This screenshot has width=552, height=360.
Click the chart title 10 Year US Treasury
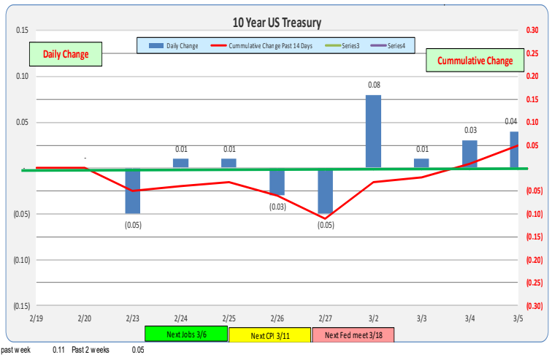pyautogui.click(x=276, y=23)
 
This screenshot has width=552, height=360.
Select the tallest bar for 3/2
pyautogui.click(x=373, y=131)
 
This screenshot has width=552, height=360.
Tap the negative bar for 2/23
pyautogui.click(x=132, y=191)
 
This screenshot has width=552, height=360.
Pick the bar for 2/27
pyautogui.click(x=325, y=191)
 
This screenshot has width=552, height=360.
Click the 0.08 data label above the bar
pyautogui.click(x=373, y=85)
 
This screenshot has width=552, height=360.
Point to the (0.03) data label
pyautogui.click(x=277, y=207)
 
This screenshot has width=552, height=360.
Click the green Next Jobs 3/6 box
pyautogui.click(x=185, y=334)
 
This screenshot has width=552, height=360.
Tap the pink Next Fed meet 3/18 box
pyautogui.click(x=353, y=335)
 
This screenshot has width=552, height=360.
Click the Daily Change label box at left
pyautogui.click(x=66, y=54)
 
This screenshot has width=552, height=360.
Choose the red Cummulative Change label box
pyautogui.click(x=475, y=60)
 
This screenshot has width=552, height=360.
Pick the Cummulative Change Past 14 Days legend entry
pyautogui.click(x=265, y=46)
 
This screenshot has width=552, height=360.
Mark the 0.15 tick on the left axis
pyautogui.click(x=22, y=31)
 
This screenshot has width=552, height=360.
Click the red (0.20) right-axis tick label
pyautogui.click(x=533, y=260)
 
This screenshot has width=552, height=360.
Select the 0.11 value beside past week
pyautogui.click(x=58, y=351)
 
